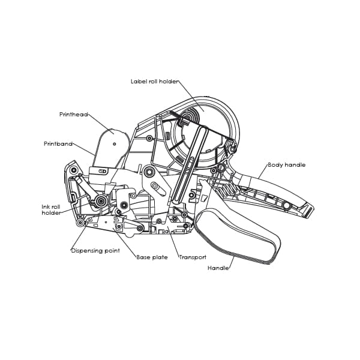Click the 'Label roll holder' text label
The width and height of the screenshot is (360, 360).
pos(154,82)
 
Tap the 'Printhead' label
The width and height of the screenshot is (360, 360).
pos(74,115)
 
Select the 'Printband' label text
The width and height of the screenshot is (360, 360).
pos(58,144)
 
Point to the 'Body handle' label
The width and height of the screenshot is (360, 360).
pos(287,165)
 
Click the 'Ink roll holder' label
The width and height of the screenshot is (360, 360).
pos(51,210)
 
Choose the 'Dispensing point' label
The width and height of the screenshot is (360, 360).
pos(95,250)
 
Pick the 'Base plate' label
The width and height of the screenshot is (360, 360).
pos(152,257)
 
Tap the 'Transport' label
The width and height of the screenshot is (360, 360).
pos(193,257)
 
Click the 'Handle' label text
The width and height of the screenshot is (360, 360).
pos(218,268)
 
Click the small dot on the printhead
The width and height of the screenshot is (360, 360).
pos(115,144)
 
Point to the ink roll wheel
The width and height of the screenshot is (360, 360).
pos(101,201)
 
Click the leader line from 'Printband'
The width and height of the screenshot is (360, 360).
pos(83,149)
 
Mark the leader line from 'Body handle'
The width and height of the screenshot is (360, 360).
pos(263,172)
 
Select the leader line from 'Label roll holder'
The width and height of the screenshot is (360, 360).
pos(191,96)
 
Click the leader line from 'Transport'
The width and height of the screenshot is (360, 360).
pos(173,242)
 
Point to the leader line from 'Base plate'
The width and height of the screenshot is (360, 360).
pos(125,242)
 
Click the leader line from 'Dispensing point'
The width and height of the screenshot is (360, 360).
pos(79,236)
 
